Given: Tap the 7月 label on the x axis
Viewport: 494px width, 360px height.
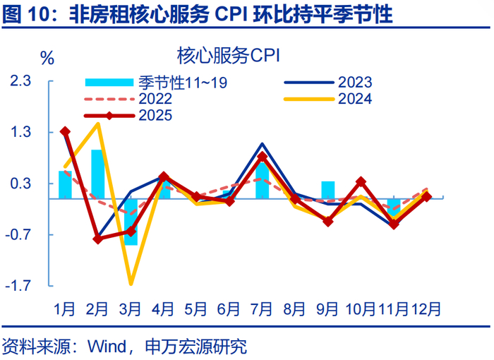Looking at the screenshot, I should pos(263,308).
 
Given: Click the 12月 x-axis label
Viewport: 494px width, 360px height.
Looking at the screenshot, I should pos(427,308).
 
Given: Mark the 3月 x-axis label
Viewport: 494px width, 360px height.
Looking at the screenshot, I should pos(131,308).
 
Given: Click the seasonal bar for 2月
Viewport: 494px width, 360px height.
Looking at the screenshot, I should pos(98,174).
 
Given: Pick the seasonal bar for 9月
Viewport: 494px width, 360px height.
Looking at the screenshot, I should pos(328,190).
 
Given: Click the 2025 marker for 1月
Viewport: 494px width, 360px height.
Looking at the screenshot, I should pos(65,131).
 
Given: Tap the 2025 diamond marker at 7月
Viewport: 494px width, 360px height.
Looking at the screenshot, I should pos(263,157).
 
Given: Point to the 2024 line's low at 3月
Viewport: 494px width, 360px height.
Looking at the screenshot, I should pos(131,284).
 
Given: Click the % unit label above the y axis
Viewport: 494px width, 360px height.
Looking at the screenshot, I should pos(47,59).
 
